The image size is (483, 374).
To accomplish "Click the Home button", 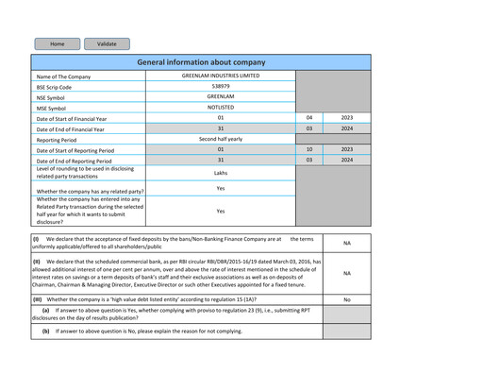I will pyautogui.click(x=58, y=43).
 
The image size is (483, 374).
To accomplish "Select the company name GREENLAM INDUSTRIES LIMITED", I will pyautogui.click(x=221, y=76).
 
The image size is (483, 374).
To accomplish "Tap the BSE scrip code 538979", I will pyautogui.click(x=221, y=86).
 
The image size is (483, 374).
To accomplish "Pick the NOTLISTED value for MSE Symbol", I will pyautogui.click(x=221, y=108).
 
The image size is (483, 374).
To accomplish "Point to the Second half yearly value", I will pyautogui.click(x=221, y=139).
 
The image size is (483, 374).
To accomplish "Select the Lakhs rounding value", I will pyautogui.click(x=221, y=173).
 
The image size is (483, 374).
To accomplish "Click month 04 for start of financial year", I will pyautogui.click(x=308, y=118).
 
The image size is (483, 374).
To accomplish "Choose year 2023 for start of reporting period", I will pyautogui.click(x=346, y=149).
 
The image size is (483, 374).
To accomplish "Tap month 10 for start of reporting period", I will pyautogui.click(x=308, y=149).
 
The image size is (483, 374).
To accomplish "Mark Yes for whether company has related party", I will pyautogui.click(x=221, y=189).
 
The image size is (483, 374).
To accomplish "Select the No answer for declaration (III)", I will pyautogui.click(x=346, y=299).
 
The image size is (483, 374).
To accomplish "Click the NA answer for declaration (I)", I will pyautogui.click(x=346, y=243).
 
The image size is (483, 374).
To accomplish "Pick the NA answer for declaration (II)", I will pyautogui.click(x=346, y=273).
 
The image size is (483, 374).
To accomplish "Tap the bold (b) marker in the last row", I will pyautogui.click(x=45, y=331).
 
